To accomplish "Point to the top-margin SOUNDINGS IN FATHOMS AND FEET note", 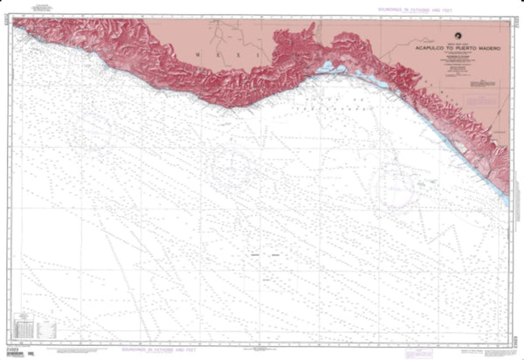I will click(410, 8).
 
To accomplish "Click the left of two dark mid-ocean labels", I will click(256, 254).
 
